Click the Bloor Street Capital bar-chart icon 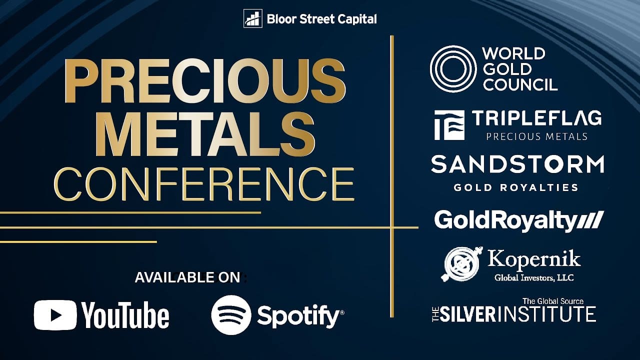(252, 18)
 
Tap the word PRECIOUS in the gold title (205, 80)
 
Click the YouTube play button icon (55, 315)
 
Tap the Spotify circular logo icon (231, 315)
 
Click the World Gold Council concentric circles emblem (453, 69)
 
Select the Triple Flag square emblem (449, 125)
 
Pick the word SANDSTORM (517, 164)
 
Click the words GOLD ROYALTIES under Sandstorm (516, 187)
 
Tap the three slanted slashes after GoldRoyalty (590, 220)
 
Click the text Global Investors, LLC (534, 277)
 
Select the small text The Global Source (553, 301)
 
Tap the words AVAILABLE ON (187, 277)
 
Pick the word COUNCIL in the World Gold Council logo (520, 84)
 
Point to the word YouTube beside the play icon (125, 315)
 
